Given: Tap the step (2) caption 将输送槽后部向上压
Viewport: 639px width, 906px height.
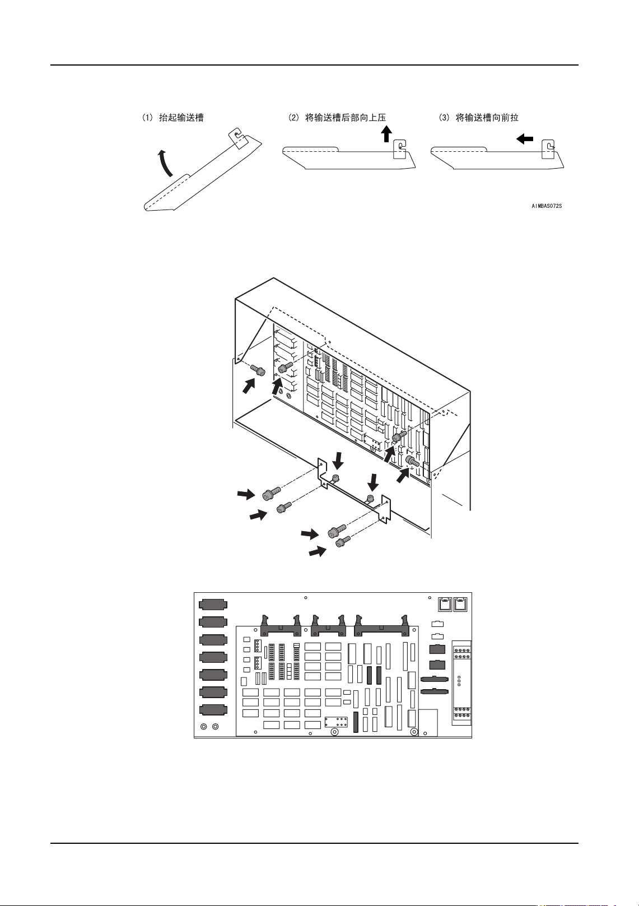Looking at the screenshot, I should pyautogui.click(x=337, y=118).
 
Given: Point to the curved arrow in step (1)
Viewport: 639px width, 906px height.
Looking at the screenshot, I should pyautogui.click(x=164, y=163).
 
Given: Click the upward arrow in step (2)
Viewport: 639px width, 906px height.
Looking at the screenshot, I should pyautogui.click(x=386, y=134).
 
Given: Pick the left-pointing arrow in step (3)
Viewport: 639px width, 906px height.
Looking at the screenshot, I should pyautogui.click(x=525, y=138).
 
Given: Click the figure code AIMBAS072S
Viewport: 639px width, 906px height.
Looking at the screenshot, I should pyautogui.click(x=547, y=206).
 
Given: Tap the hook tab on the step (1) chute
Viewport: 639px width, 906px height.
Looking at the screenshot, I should pyautogui.click(x=237, y=137).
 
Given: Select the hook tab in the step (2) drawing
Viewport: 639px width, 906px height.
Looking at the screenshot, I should pyautogui.click(x=400, y=150).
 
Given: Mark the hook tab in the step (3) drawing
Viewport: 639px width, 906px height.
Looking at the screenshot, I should pyautogui.click(x=549, y=150).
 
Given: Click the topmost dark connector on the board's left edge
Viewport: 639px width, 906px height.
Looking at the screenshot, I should pyautogui.click(x=213, y=604).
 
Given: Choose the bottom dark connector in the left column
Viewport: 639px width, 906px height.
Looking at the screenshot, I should pyautogui.click(x=213, y=709).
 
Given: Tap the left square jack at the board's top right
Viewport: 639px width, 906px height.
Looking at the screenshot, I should pyautogui.click(x=444, y=604).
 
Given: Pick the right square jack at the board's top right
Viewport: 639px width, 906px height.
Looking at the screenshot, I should pyautogui.click(x=461, y=604).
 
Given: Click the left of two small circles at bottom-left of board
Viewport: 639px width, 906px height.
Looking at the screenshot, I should pyautogui.click(x=204, y=727).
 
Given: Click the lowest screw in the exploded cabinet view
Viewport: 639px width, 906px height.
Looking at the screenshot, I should pyautogui.click(x=343, y=542).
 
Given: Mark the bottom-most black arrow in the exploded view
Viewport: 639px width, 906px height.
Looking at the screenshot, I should pyautogui.click(x=318, y=552).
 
